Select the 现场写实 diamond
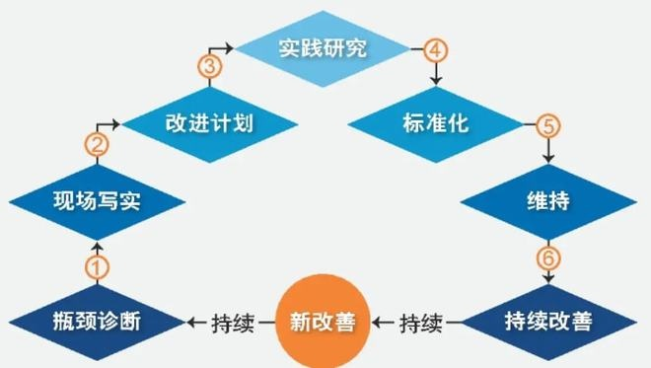pos(96,203)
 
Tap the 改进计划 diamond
pos(208,124)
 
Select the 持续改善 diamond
pos(547,321)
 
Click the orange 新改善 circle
pos(322,321)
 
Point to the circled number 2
pos(97,145)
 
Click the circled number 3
pos(208,66)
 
